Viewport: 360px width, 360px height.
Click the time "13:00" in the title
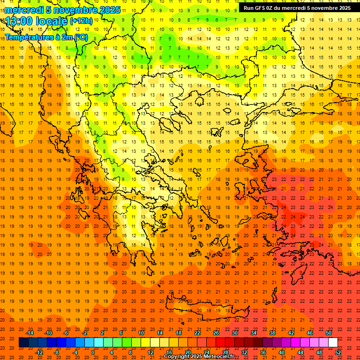pos(19,21)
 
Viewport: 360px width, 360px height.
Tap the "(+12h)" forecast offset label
pos(81,21)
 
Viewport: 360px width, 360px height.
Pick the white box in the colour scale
pos(333,342)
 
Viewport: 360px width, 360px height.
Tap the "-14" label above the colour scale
pos(30,333)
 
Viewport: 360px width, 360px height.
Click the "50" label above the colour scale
pos(328,333)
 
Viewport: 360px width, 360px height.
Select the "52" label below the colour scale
pos(338,352)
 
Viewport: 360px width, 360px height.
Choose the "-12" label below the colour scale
pos(39,352)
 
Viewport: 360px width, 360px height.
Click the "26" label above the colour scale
pos(216,333)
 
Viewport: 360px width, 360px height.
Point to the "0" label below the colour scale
pos(93,352)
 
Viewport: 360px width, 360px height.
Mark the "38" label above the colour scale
pos(272,333)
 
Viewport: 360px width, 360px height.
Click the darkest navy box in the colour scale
pos(23,342)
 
